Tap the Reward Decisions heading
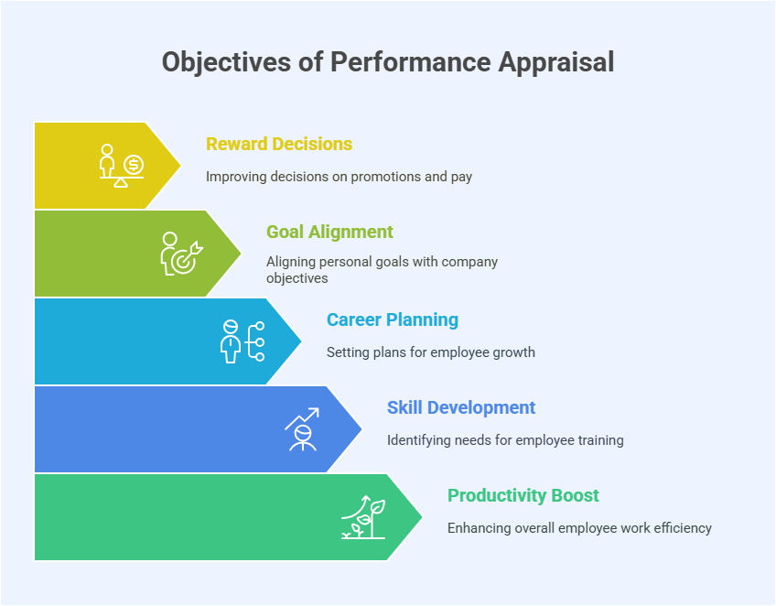point(279,144)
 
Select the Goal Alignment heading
point(329,232)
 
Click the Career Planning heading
point(393,319)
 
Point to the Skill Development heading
point(461,407)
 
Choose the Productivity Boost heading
point(523,495)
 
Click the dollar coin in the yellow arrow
point(134,164)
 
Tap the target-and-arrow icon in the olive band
point(186,255)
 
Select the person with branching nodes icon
point(242,341)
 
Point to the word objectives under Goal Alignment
point(297,278)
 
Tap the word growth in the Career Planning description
point(514,352)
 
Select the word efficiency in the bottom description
point(682,528)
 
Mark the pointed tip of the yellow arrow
point(180,166)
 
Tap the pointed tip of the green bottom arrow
point(422,517)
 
